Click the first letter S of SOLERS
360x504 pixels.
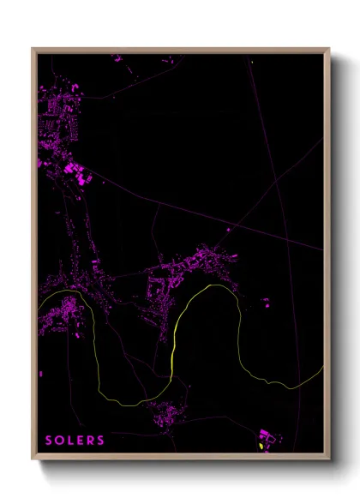[50, 441]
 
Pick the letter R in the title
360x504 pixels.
[93, 441]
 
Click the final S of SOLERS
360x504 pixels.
[103, 441]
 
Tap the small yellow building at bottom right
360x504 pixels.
[261, 447]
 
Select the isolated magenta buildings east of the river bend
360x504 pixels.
[266, 302]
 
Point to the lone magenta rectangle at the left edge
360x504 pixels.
[40, 373]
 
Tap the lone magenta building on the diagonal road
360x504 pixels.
[229, 229]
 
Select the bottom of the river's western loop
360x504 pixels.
[120, 401]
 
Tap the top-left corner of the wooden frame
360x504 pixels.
[33, 49]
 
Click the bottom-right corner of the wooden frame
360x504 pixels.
[329, 459]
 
